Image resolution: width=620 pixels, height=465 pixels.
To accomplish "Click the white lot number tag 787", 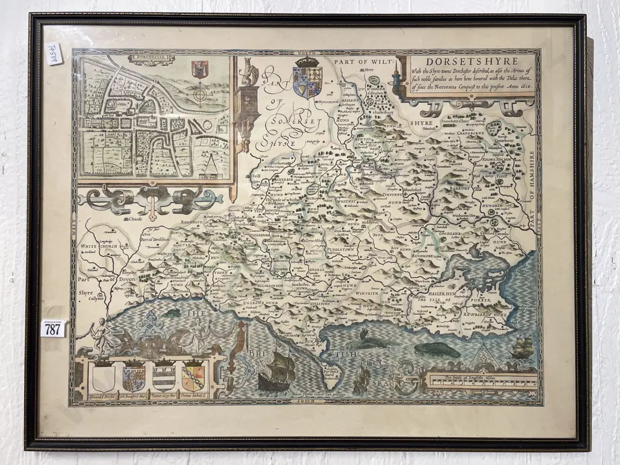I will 53,329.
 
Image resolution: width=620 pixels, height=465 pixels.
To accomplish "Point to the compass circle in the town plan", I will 199,96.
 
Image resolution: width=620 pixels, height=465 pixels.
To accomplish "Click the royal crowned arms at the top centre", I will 308,79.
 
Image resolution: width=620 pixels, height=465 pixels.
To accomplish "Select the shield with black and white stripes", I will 163,376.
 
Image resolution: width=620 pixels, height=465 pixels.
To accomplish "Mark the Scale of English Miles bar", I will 482,382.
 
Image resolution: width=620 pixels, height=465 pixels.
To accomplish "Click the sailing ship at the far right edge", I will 522,347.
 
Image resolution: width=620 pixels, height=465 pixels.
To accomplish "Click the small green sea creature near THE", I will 172,312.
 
